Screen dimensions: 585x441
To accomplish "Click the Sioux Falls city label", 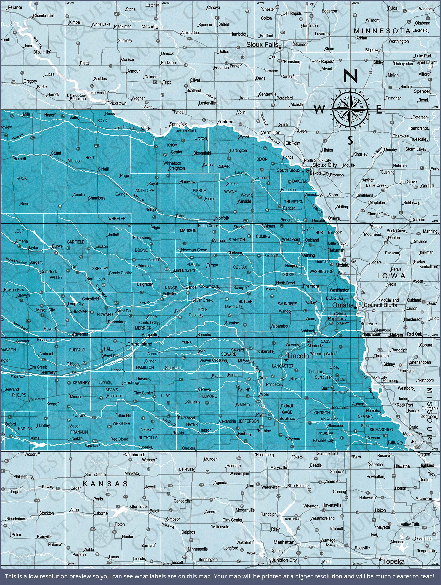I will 262,44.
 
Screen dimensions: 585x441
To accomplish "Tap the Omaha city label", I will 343,305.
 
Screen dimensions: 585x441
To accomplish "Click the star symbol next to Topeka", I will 380,560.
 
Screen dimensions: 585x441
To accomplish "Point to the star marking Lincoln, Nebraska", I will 286,360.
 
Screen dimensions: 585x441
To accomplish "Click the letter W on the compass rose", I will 319,109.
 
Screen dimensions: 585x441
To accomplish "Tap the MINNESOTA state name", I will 382,31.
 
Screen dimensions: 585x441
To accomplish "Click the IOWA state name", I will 391,276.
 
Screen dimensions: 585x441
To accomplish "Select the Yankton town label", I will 225,122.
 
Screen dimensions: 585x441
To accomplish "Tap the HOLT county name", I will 90,158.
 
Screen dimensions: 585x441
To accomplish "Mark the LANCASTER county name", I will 283,366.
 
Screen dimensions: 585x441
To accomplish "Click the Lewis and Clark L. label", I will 186,131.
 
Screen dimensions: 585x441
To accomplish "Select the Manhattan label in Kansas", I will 284,542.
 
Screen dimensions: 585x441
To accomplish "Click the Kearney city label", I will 47,372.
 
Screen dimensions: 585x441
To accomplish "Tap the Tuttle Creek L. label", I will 293,519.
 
